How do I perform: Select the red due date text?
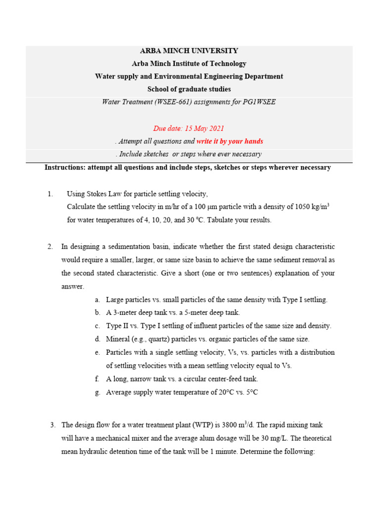click(x=181, y=128)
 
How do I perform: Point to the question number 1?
click(x=50, y=194)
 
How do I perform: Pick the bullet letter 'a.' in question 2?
click(x=97, y=299)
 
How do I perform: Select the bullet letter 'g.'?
click(x=97, y=392)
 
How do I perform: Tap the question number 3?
click(x=52, y=425)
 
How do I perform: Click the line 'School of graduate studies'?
click(x=189, y=89)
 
